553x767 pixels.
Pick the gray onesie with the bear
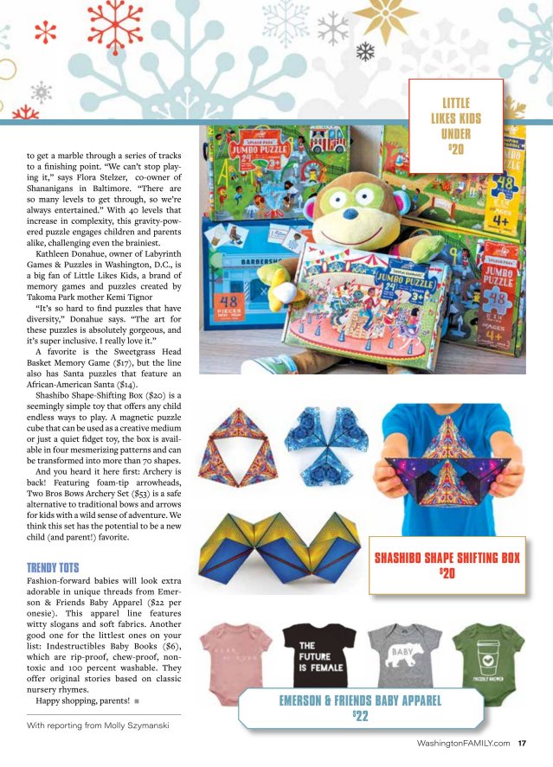tap(395, 657)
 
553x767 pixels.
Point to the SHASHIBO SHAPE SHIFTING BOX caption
tap(447, 563)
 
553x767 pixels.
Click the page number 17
tap(523, 743)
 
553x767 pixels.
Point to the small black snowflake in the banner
tap(366, 51)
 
